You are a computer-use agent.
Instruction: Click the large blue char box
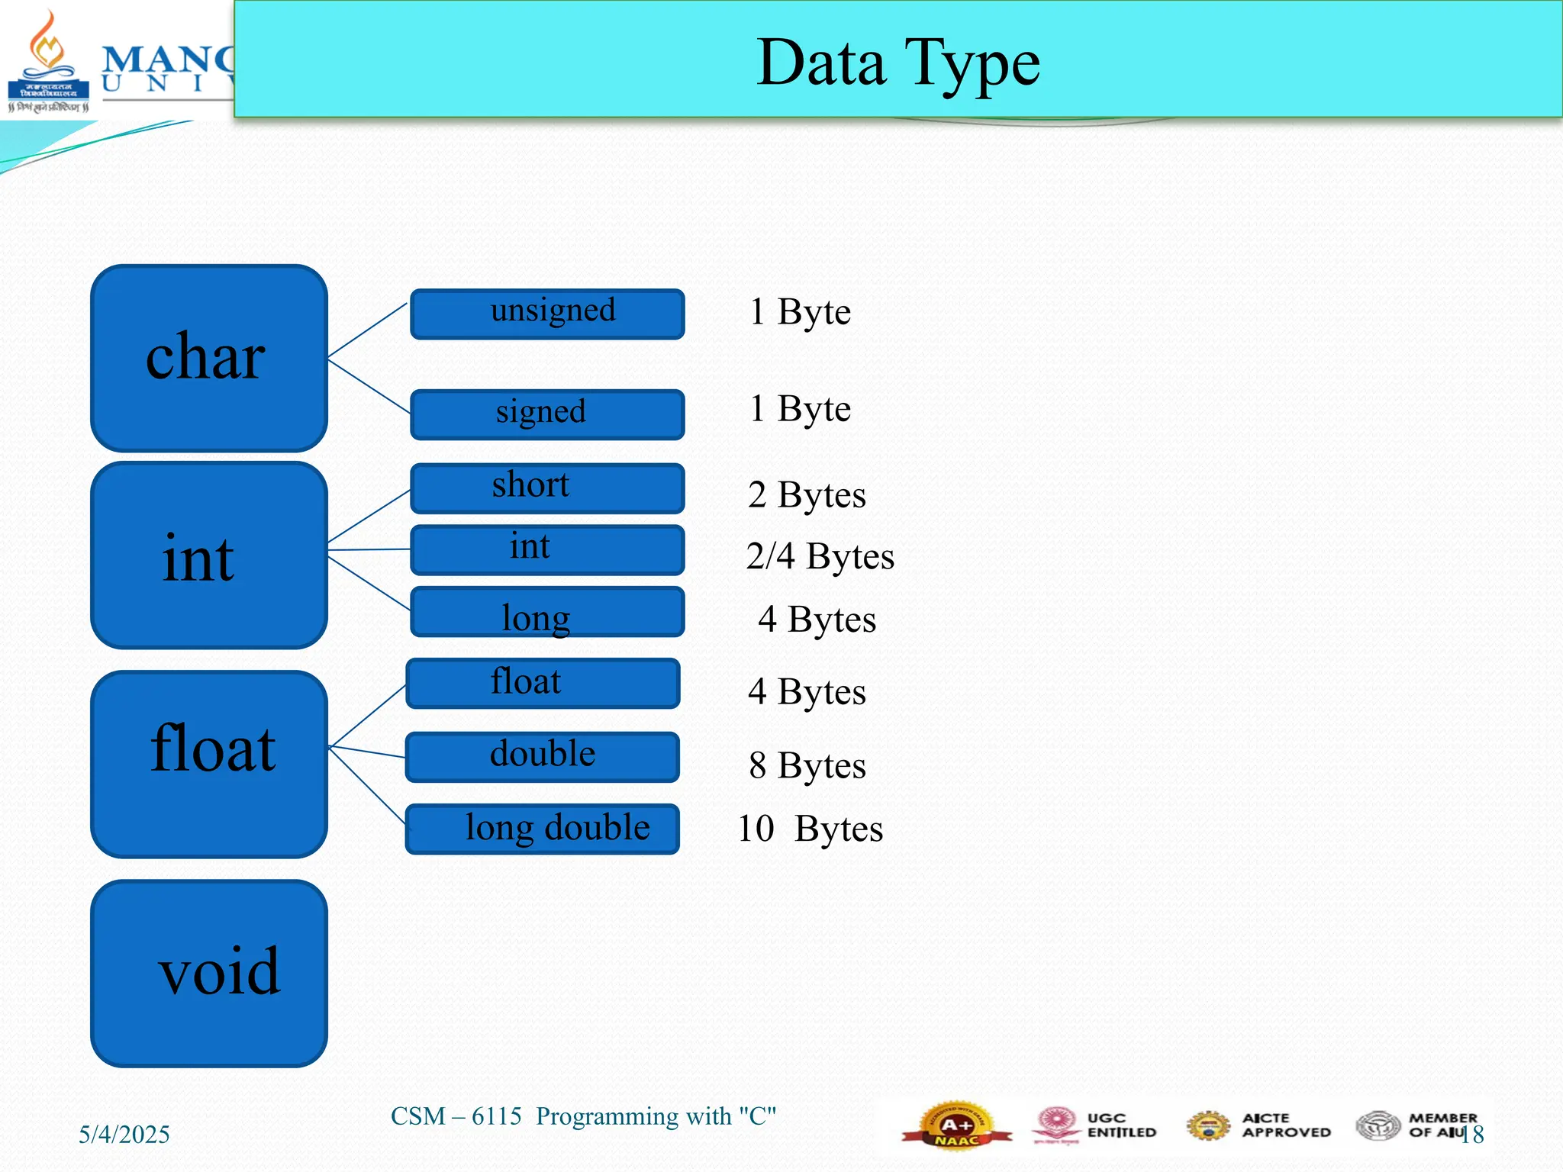208,358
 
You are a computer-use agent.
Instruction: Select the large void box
208,973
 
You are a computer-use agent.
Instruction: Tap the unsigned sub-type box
547,314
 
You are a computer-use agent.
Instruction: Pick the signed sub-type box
547,414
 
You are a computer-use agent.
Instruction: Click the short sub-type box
547,488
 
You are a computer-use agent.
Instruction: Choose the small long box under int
547,612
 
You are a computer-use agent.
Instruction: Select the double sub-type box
543,757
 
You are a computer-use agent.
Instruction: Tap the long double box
543,829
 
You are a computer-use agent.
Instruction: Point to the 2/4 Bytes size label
820,556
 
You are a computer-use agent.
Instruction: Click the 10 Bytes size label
810,829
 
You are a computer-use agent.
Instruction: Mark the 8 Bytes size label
807,765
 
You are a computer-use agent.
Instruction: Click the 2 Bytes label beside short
807,495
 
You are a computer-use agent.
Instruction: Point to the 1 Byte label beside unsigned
800,312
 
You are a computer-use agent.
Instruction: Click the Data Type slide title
898,63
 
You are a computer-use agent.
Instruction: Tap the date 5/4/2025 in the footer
124,1135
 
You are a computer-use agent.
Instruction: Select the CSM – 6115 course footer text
583,1116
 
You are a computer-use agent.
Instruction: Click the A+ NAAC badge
956,1125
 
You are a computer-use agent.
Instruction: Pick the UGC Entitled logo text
1121,1125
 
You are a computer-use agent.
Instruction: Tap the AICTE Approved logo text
1286,1125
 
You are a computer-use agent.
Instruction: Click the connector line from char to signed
369,386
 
